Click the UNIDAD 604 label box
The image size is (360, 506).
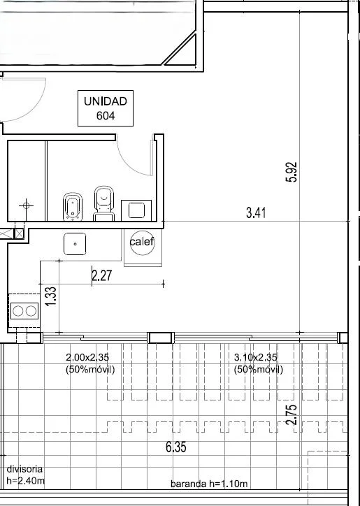coord(106,108)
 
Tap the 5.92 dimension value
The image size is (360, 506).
coord(291,172)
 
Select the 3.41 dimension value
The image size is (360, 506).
coord(256,213)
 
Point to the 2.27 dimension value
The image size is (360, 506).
coord(102,275)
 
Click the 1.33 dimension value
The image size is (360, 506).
coord(52,297)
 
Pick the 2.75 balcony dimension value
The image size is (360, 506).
coord(291,415)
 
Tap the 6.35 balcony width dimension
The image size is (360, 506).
coord(176,447)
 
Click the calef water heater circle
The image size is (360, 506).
coord(143,242)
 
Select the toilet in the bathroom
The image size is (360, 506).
coord(103,203)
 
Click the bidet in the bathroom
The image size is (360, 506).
coord(72,207)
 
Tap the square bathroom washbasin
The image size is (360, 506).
coord(136,210)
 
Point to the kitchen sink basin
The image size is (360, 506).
coord(75,244)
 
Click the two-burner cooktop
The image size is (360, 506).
coord(24,311)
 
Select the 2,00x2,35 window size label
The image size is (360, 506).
coord(90,363)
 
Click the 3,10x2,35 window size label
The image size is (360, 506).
coord(258,363)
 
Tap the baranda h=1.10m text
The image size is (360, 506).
coord(209,484)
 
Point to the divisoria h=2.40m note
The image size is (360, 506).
coord(26,475)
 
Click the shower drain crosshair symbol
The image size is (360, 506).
coord(26,205)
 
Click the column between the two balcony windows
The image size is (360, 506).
coord(161,338)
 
